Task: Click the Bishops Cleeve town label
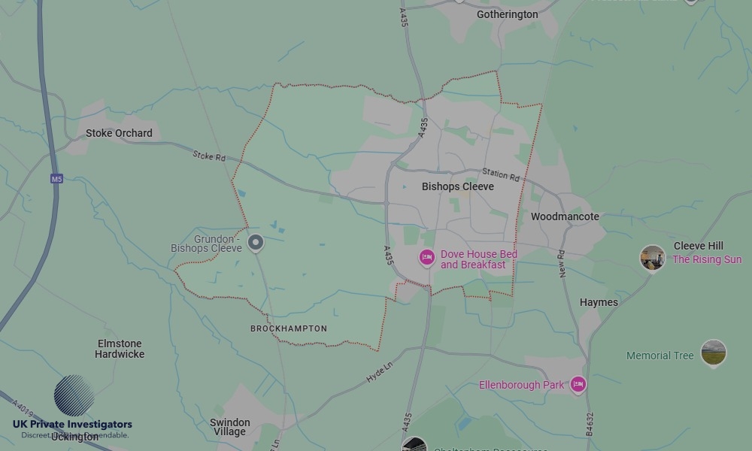pyautogui.click(x=457, y=186)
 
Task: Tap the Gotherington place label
pyautogui.click(x=507, y=14)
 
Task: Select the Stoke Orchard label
pyautogui.click(x=119, y=133)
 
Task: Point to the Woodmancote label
pyautogui.click(x=565, y=216)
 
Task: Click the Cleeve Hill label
pyautogui.click(x=698, y=246)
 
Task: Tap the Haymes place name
pyautogui.click(x=599, y=302)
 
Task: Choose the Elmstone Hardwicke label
pyautogui.click(x=120, y=349)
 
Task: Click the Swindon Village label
pyautogui.click(x=229, y=427)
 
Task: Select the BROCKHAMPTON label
pyautogui.click(x=289, y=328)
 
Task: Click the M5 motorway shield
pyautogui.click(x=56, y=179)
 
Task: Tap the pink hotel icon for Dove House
pyautogui.click(x=426, y=258)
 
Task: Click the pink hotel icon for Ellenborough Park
pyautogui.click(x=578, y=385)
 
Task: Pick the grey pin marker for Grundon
pyautogui.click(x=256, y=243)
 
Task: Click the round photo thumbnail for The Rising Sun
pyautogui.click(x=652, y=258)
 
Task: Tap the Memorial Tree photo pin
pyautogui.click(x=713, y=353)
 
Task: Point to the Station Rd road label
pyautogui.click(x=501, y=175)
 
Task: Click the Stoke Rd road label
pyautogui.click(x=209, y=156)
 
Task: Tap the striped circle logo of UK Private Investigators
pyautogui.click(x=74, y=395)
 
